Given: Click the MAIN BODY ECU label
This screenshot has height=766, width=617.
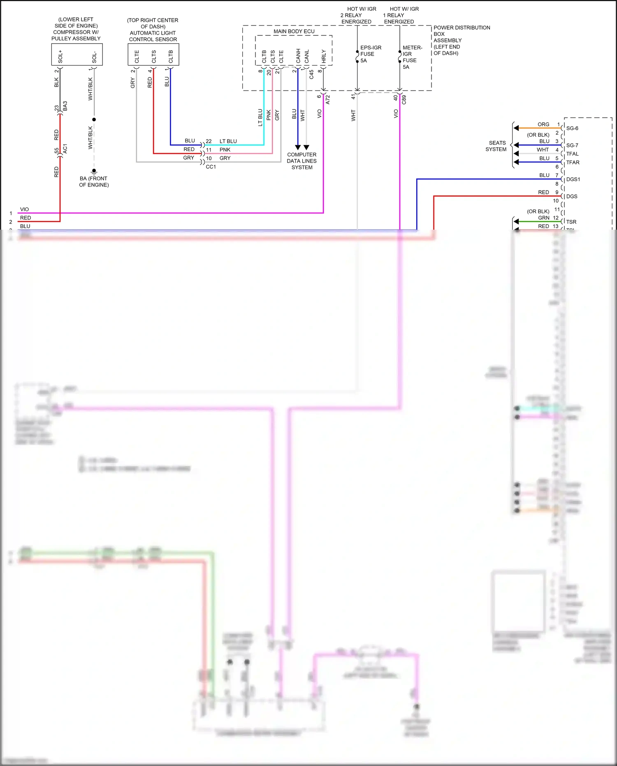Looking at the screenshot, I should pyautogui.click(x=294, y=31).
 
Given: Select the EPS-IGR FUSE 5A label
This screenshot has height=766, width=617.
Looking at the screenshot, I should pyautogui.click(x=370, y=54).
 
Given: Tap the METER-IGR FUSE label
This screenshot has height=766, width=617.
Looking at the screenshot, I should pyautogui.click(x=412, y=54).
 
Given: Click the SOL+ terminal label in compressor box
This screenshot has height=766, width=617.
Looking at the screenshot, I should pyautogui.click(x=60, y=56).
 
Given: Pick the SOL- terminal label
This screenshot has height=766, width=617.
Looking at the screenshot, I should pyautogui.click(x=94, y=57).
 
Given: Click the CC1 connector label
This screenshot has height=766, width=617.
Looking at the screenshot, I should pyautogui.click(x=211, y=167).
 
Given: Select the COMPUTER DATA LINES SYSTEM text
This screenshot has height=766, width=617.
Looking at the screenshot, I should pyautogui.click(x=302, y=161).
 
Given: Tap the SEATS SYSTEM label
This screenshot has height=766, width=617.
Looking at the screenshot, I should pyautogui.click(x=496, y=146).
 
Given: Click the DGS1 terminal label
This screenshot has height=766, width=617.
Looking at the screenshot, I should pyautogui.click(x=573, y=179).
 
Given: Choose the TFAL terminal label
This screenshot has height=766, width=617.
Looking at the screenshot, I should pyautogui.click(x=572, y=154).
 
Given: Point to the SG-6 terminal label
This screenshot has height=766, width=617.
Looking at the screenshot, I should pyautogui.click(x=572, y=128).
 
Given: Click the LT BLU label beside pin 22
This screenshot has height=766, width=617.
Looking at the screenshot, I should pyautogui.click(x=228, y=141).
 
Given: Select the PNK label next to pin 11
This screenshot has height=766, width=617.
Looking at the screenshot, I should pyautogui.click(x=225, y=150).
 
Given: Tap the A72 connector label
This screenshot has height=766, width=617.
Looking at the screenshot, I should pyautogui.click(x=328, y=99).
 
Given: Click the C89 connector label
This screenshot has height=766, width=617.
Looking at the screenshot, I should pyautogui.click(x=404, y=99).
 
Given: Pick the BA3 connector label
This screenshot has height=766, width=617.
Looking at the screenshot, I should pyautogui.click(x=65, y=106).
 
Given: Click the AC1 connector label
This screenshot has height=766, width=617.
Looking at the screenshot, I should pyautogui.click(x=65, y=149).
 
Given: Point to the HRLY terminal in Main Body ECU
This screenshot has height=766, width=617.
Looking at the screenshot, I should pyautogui.click(x=324, y=56).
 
